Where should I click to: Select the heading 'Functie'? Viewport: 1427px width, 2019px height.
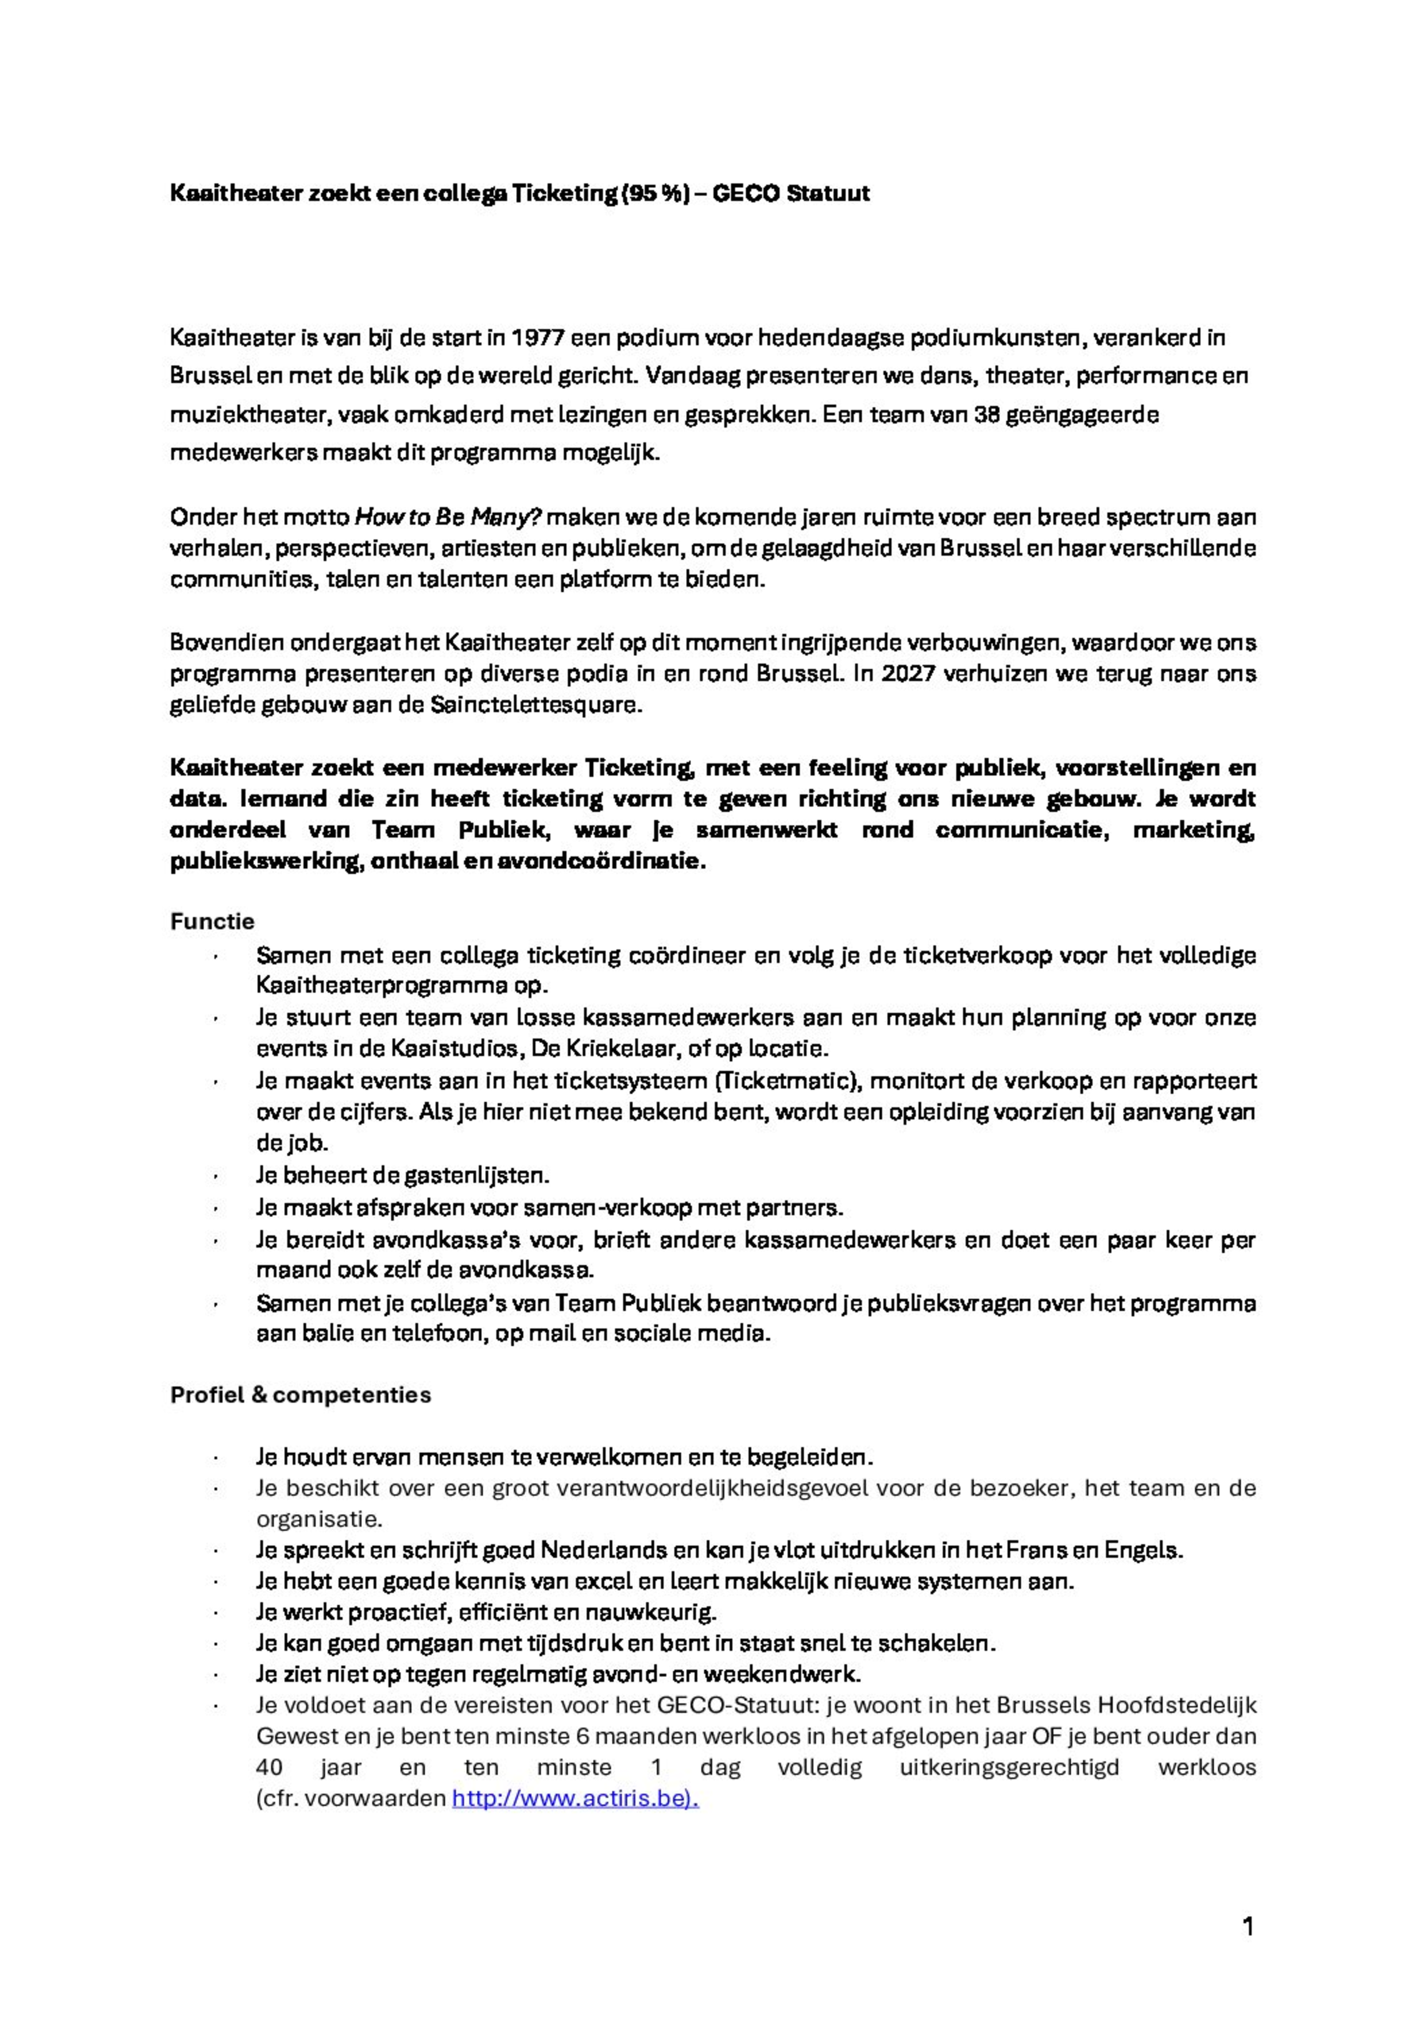point(212,922)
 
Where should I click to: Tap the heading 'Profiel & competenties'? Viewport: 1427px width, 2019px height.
point(300,1396)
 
